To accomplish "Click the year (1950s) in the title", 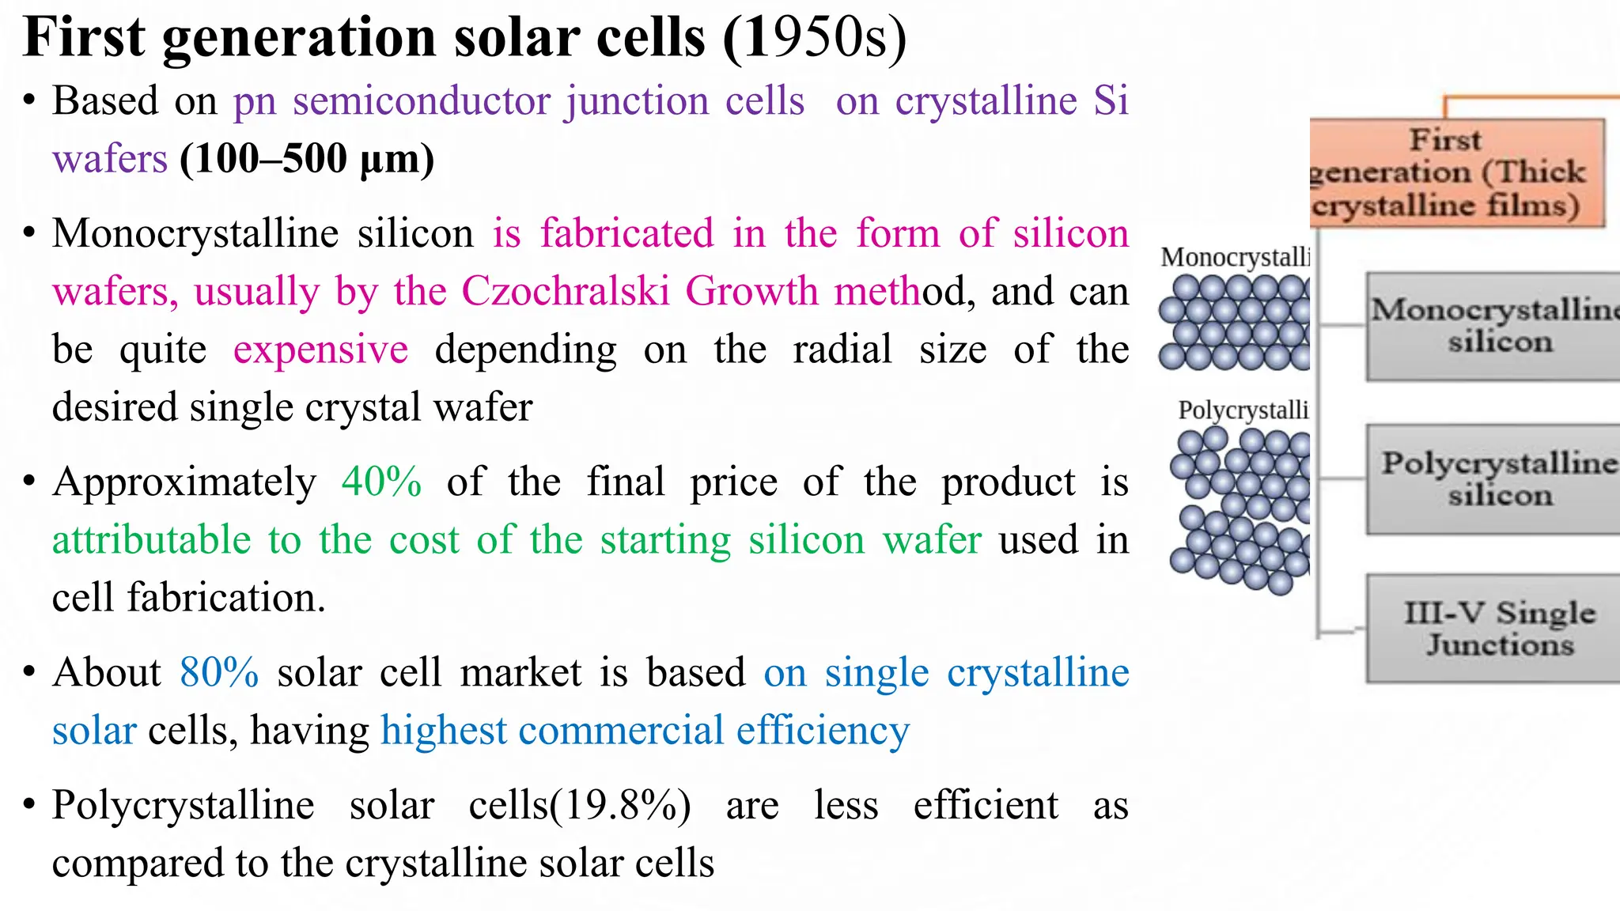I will pyautogui.click(x=815, y=38).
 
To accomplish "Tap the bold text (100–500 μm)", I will pyautogui.click(x=307, y=159).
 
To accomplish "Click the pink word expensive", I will pyautogui.click(x=320, y=350).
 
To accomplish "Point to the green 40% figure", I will pyautogui.click(x=381, y=482).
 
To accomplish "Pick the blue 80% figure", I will pyautogui.click(x=219, y=673).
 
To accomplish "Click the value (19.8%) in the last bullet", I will pyautogui.click(x=620, y=806).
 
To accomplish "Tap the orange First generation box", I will pyautogui.click(x=1456, y=173).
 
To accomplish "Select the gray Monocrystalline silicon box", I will pyautogui.click(x=1493, y=326).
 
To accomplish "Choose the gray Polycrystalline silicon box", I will pyautogui.click(x=1493, y=479).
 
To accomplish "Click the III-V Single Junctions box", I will pyautogui.click(x=1493, y=629).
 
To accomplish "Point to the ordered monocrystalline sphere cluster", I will pyautogui.click(x=1234, y=323).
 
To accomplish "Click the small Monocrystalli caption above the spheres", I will pyautogui.click(x=1235, y=257).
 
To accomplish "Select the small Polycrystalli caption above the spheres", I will pyautogui.click(x=1243, y=410).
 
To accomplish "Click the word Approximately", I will pyautogui.click(x=184, y=482).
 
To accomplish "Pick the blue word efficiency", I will pyautogui.click(x=823, y=730).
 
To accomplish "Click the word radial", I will pyautogui.click(x=842, y=350).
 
